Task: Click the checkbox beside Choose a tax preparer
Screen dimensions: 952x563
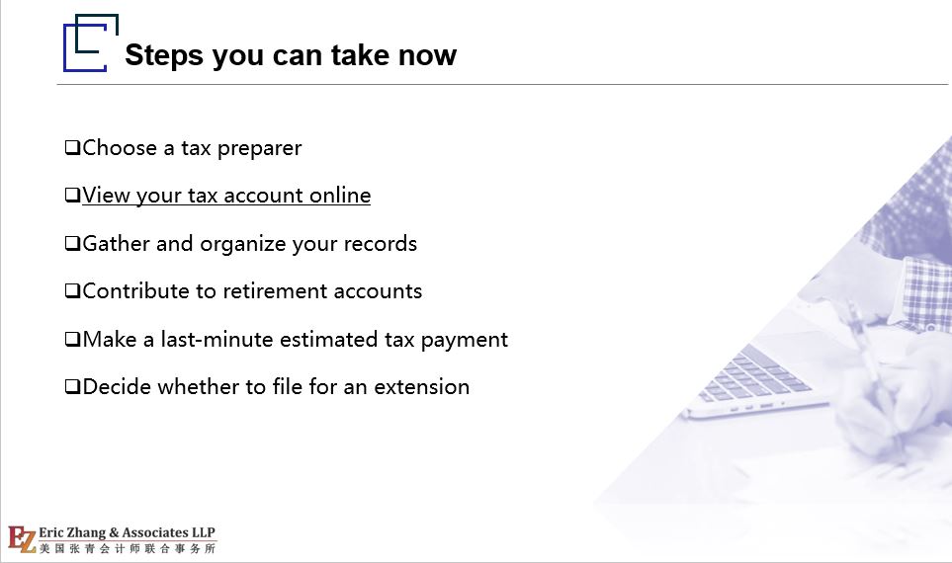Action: point(73,148)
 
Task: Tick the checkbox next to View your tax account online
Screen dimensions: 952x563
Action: point(73,196)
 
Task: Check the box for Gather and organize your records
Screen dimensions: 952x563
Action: point(73,244)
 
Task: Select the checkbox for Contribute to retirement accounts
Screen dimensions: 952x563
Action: point(73,291)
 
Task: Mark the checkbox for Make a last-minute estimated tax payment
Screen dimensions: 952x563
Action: point(73,339)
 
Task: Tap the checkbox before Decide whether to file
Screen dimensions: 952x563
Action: point(73,387)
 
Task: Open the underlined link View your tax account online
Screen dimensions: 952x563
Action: point(226,196)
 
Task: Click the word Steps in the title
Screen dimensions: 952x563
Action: point(164,56)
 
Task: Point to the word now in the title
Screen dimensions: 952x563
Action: point(427,56)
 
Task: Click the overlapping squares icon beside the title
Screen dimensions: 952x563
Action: point(91,42)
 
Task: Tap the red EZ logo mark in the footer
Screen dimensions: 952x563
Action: point(22,539)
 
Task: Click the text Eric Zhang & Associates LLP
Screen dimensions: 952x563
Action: point(127,532)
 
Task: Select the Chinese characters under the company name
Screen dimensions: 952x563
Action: point(128,548)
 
